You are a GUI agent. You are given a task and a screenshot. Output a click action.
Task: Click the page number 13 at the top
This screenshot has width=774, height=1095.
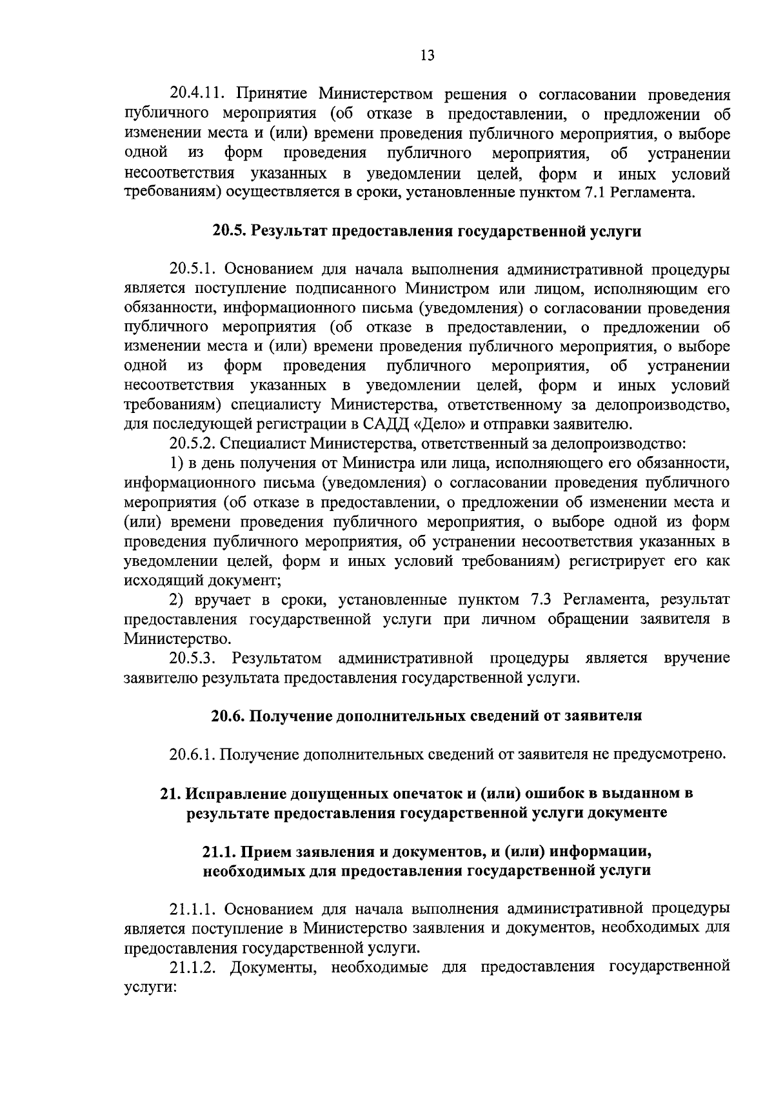point(427,55)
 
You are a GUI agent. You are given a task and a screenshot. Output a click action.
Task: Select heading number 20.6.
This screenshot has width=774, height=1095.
point(228,716)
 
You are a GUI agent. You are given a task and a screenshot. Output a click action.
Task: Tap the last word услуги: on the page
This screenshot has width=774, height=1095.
point(150,987)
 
